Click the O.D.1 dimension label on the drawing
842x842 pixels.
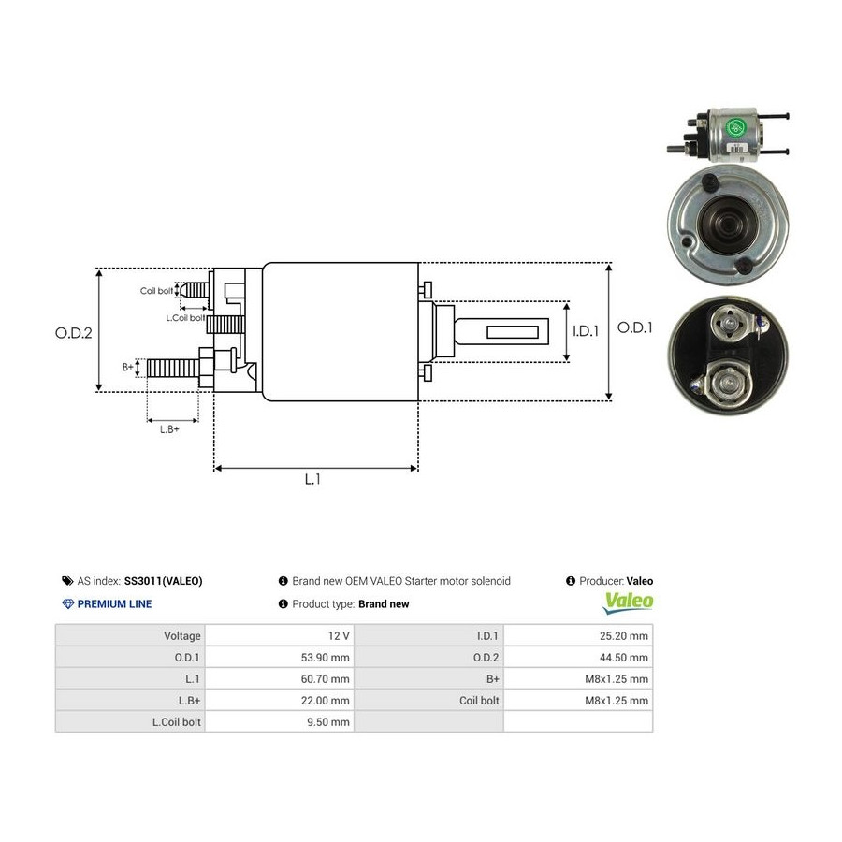(634, 327)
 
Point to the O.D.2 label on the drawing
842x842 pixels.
(74, 333)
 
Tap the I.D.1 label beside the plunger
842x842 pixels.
(586, 331)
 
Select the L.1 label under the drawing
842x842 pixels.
(312, 479)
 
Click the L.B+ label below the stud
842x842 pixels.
(169, 429)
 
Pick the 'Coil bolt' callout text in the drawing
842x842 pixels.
(156, 291)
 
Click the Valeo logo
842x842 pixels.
(629, 602)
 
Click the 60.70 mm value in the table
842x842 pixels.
(325, 679)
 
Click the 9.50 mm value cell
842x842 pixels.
(328, 721)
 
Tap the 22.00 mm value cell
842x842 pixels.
(325, 700)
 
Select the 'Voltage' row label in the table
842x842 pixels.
(182, 636)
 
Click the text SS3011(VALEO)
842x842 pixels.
(163, 581)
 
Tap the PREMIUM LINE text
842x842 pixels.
(114, 604)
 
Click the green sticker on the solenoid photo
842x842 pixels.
(736, 127)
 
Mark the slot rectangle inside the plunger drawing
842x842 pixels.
(513, 332)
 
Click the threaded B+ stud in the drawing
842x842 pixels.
(173, 368)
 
